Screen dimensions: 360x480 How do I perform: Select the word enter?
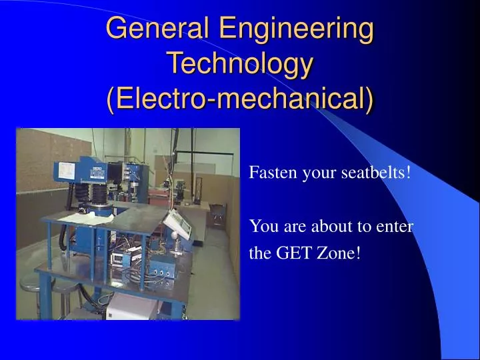395,226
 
